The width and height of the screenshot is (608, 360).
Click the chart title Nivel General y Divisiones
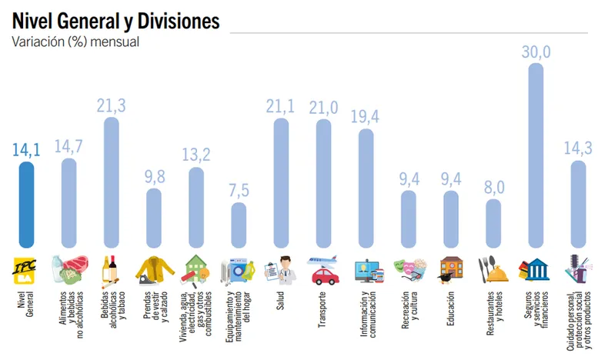click(115, 21)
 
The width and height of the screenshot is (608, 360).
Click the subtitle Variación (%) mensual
click(75, 42)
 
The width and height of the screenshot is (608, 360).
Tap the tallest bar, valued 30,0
click(536, 154)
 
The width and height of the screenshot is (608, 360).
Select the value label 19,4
click(366, 116)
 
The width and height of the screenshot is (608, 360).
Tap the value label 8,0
click(493, 188)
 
